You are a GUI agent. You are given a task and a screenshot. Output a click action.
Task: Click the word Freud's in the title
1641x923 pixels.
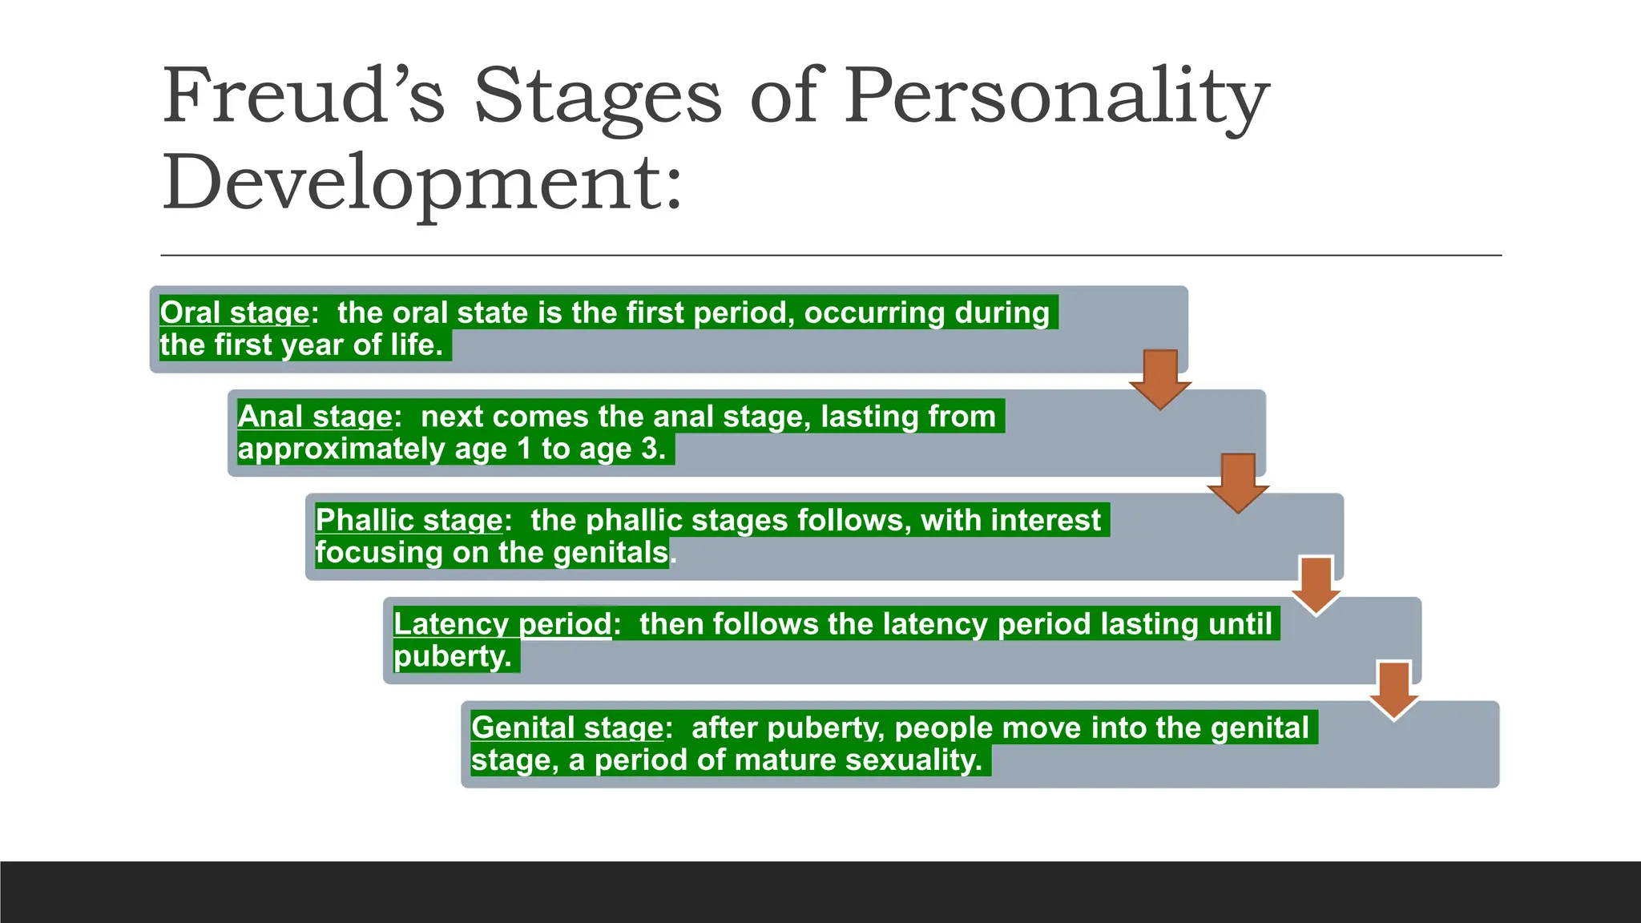coord(303,96)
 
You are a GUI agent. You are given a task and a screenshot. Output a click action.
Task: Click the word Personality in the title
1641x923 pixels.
coord(1056,96)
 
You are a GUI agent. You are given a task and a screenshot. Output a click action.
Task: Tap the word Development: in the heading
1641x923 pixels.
coord(422,183)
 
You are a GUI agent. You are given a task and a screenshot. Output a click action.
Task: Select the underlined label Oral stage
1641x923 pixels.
coord(234,312)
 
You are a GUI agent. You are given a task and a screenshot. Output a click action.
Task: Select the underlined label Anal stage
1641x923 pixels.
coord(314,417)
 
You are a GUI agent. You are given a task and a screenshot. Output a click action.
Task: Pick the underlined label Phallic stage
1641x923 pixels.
coord(409,520)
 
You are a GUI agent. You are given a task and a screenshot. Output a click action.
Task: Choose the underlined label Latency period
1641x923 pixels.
coord(502,623)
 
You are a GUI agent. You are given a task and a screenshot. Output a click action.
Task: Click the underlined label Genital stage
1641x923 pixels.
coord(566,728)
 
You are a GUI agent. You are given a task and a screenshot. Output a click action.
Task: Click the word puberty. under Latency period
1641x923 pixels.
coord(453,657)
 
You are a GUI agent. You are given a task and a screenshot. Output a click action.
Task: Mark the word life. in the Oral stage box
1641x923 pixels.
coord(417,345)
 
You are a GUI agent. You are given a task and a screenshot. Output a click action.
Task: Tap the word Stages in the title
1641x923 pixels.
coord(597,96)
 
